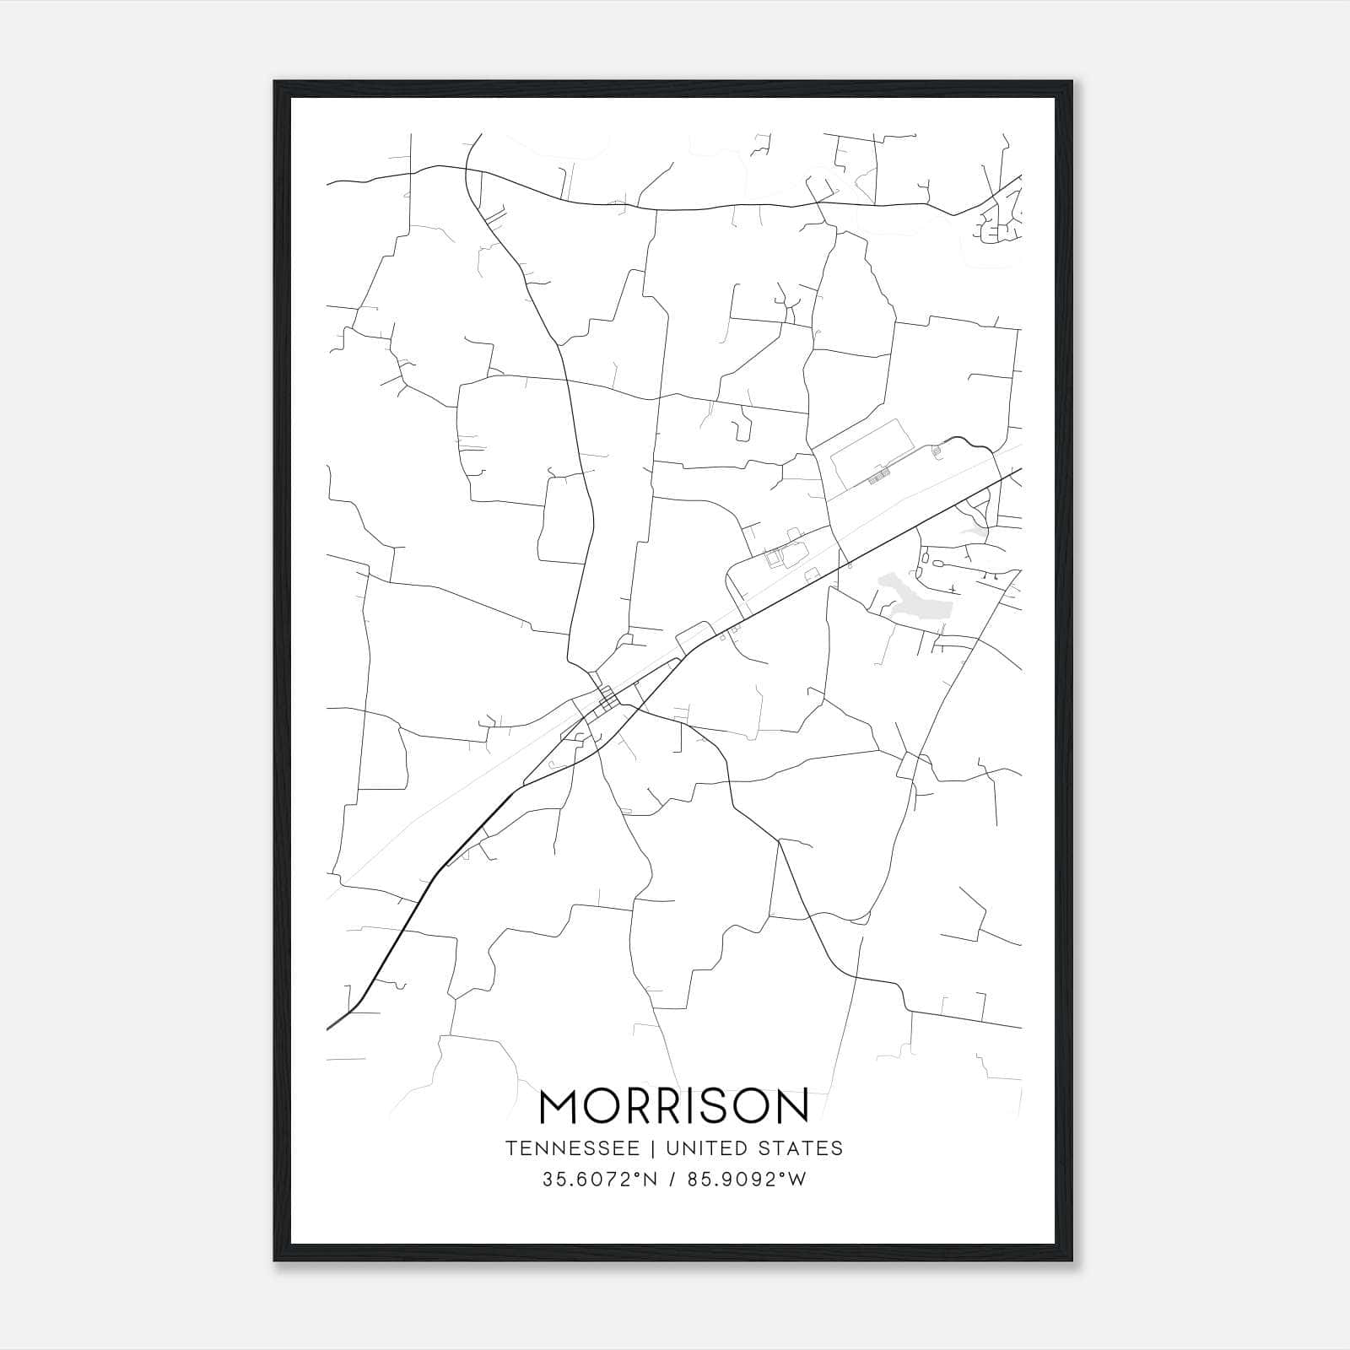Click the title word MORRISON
tap(673, 1106)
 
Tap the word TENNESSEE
tap(578, 1148)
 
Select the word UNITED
tap(707, 1148)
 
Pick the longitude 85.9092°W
tap(746, 1180)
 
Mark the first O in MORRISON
tap(601, 1106)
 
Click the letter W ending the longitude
tap(797, 1180)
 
